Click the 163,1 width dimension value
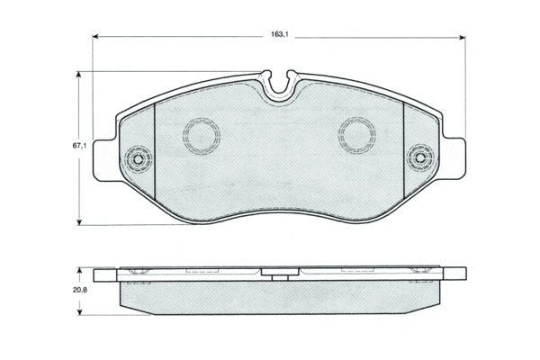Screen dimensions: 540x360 pyautogui.click(x=279, y=34)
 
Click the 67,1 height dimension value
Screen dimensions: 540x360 pyautogui.click(x=79, y=146)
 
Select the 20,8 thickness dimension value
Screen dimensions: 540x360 pyautogui.click(x=80, y=290)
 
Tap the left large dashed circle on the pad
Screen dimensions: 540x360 pyautogui.click(x=202, y=136)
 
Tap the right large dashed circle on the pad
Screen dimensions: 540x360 pyautogui.click(x=357, y=135)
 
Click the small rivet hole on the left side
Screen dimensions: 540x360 pyautogui.click(x=139, y=159)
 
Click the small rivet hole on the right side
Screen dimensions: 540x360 pyautogui.click(x=419, y=158)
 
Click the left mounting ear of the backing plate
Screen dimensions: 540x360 pyautogui.click(x=105, y=159)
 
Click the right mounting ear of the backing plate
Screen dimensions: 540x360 pyautogui.click(x=453, y=158)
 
